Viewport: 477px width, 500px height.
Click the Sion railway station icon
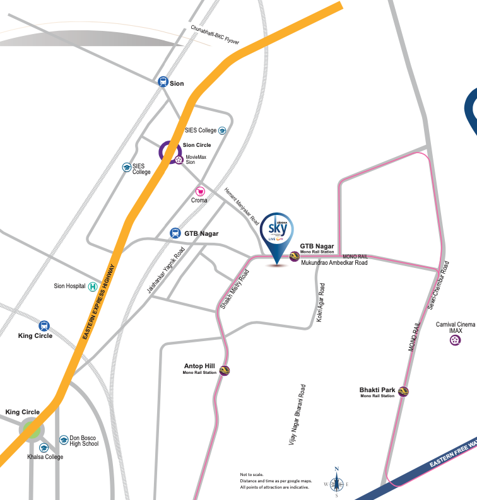click(163, 82)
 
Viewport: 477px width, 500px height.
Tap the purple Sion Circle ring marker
click(170, 151)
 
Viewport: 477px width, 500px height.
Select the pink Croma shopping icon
click(201, 190)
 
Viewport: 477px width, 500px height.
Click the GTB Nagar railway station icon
click(175, 233)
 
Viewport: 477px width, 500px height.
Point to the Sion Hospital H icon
click(93, 286)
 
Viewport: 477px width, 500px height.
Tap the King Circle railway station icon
click(44, 325)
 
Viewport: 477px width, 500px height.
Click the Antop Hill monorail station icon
click(224, 370)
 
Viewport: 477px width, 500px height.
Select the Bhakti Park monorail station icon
click(404, 392)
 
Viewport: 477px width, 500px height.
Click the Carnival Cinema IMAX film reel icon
click(455, 340)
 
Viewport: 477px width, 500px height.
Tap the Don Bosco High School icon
click(63, 439)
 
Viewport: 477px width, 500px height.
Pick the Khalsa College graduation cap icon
click(44, 448)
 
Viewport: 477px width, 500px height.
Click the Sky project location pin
click(278, 236)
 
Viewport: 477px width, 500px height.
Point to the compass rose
click(337, 483)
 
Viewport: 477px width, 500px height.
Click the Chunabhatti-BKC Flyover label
click(215, 35)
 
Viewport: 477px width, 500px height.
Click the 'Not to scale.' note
click(252, 474)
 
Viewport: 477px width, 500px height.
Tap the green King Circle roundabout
click(30, 431)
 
